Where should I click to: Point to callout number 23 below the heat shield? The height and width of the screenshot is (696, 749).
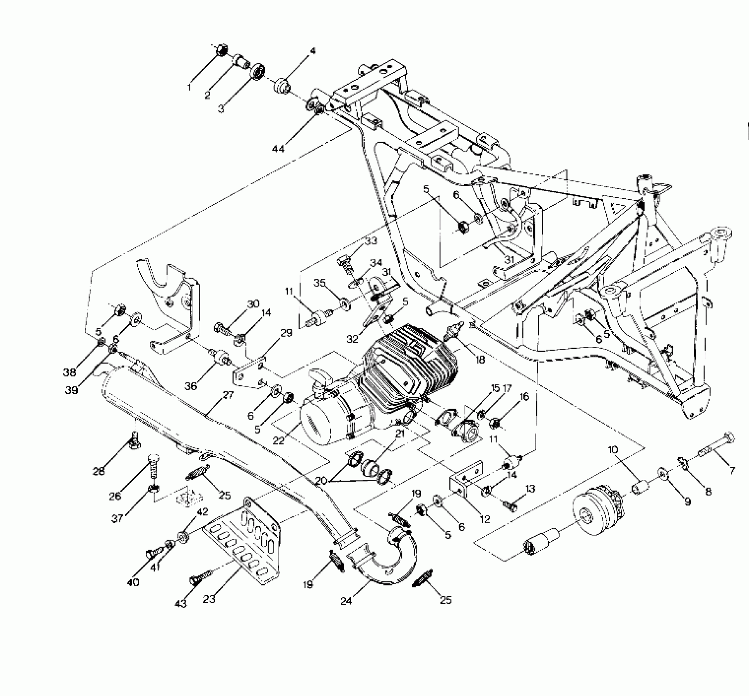point(209,599)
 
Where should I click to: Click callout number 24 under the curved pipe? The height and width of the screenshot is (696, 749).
point(347,601)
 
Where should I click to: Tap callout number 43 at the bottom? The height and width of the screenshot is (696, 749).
point(181,603)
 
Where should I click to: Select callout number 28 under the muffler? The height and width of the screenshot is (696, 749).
point(99,471)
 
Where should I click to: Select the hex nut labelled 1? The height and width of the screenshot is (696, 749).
point(221,50)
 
